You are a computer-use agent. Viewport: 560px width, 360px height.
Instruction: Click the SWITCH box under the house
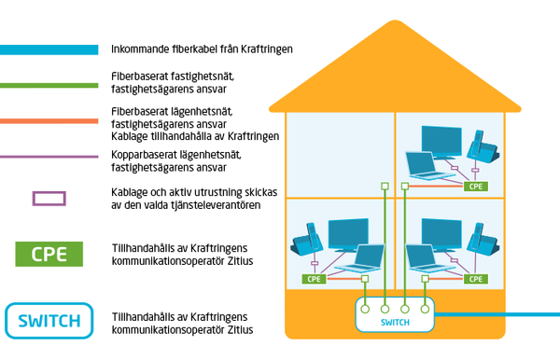(x=396, y=315)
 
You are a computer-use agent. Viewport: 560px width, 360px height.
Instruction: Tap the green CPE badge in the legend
(x=49, y=254)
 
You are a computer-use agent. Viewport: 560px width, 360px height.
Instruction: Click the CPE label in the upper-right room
(x=476, y=187)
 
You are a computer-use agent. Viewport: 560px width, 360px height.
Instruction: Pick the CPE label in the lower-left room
(x=315, y=279)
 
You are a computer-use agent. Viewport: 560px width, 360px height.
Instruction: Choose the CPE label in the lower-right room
(x=476, y=279)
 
